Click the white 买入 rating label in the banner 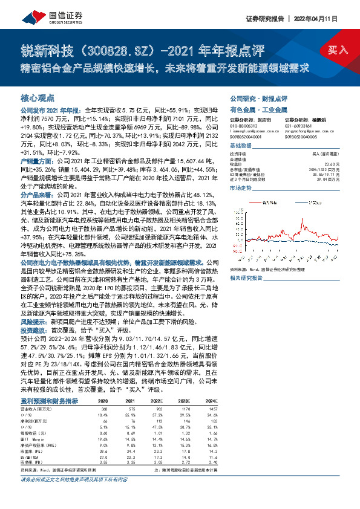[338, 49]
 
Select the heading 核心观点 [38, 97]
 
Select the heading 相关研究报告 [247, 277]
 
